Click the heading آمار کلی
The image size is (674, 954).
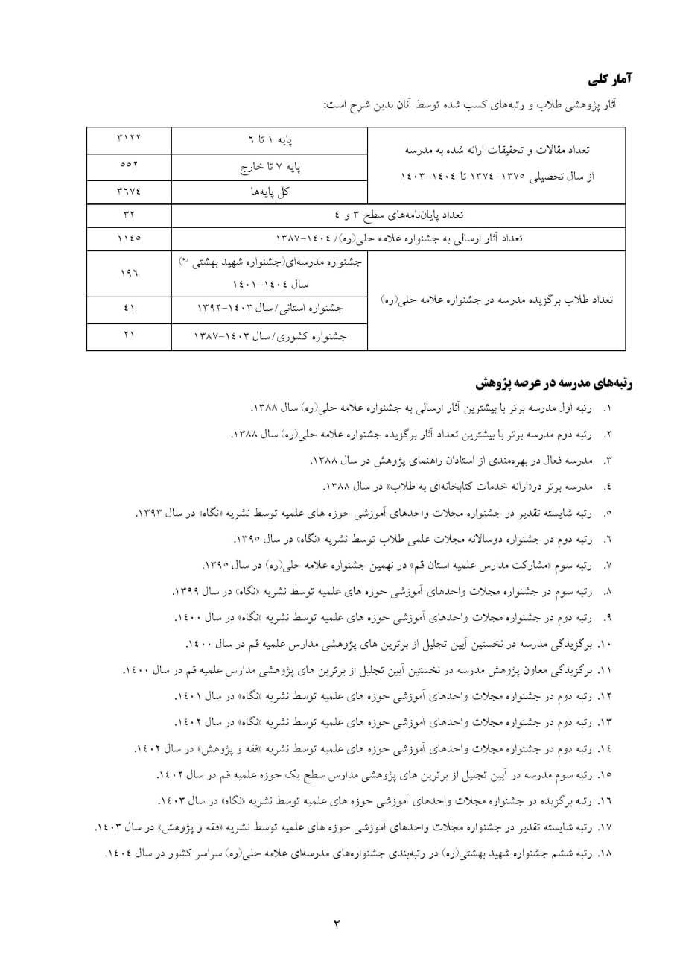[x=609, y=78]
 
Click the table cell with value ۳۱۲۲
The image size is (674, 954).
[x=129, y=139]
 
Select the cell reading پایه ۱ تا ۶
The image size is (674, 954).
[x=270, y=139]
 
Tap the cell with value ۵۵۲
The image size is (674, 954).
[x=129, y=165]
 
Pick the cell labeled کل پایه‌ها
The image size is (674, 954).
[x=270, y=191]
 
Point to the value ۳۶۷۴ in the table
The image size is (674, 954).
[x=129, y=191]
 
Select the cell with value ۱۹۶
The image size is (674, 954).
[x=129, y=274]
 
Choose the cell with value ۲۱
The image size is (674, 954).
[x=129, y=335]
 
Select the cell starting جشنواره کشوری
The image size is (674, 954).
[x=270, y=336]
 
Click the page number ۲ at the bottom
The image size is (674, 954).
[x=336, y=926]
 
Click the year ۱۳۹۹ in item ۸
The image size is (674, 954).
[x=186, y=591]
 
